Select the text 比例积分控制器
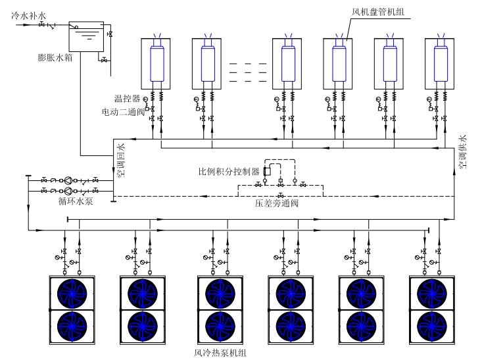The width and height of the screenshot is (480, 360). coord(229,172)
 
